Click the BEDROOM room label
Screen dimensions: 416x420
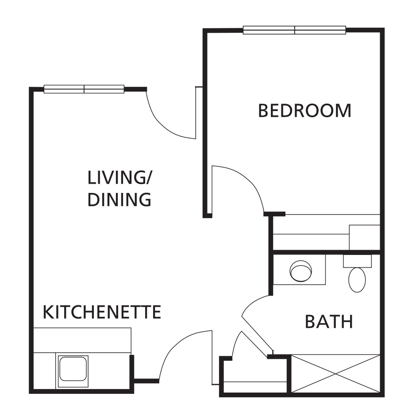[304, 111]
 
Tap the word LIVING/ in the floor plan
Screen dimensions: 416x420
[120, 178]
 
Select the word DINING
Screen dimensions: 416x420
[119, 200]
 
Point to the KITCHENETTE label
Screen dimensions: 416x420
[101, 312]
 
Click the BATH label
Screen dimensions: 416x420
[329, 322]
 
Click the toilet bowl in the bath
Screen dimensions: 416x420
[357, 280]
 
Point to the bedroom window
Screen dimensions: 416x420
[295, 30]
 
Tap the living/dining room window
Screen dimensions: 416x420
[84, 89]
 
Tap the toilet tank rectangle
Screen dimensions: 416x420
[357, 261]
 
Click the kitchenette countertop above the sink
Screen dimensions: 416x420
[82, 340]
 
